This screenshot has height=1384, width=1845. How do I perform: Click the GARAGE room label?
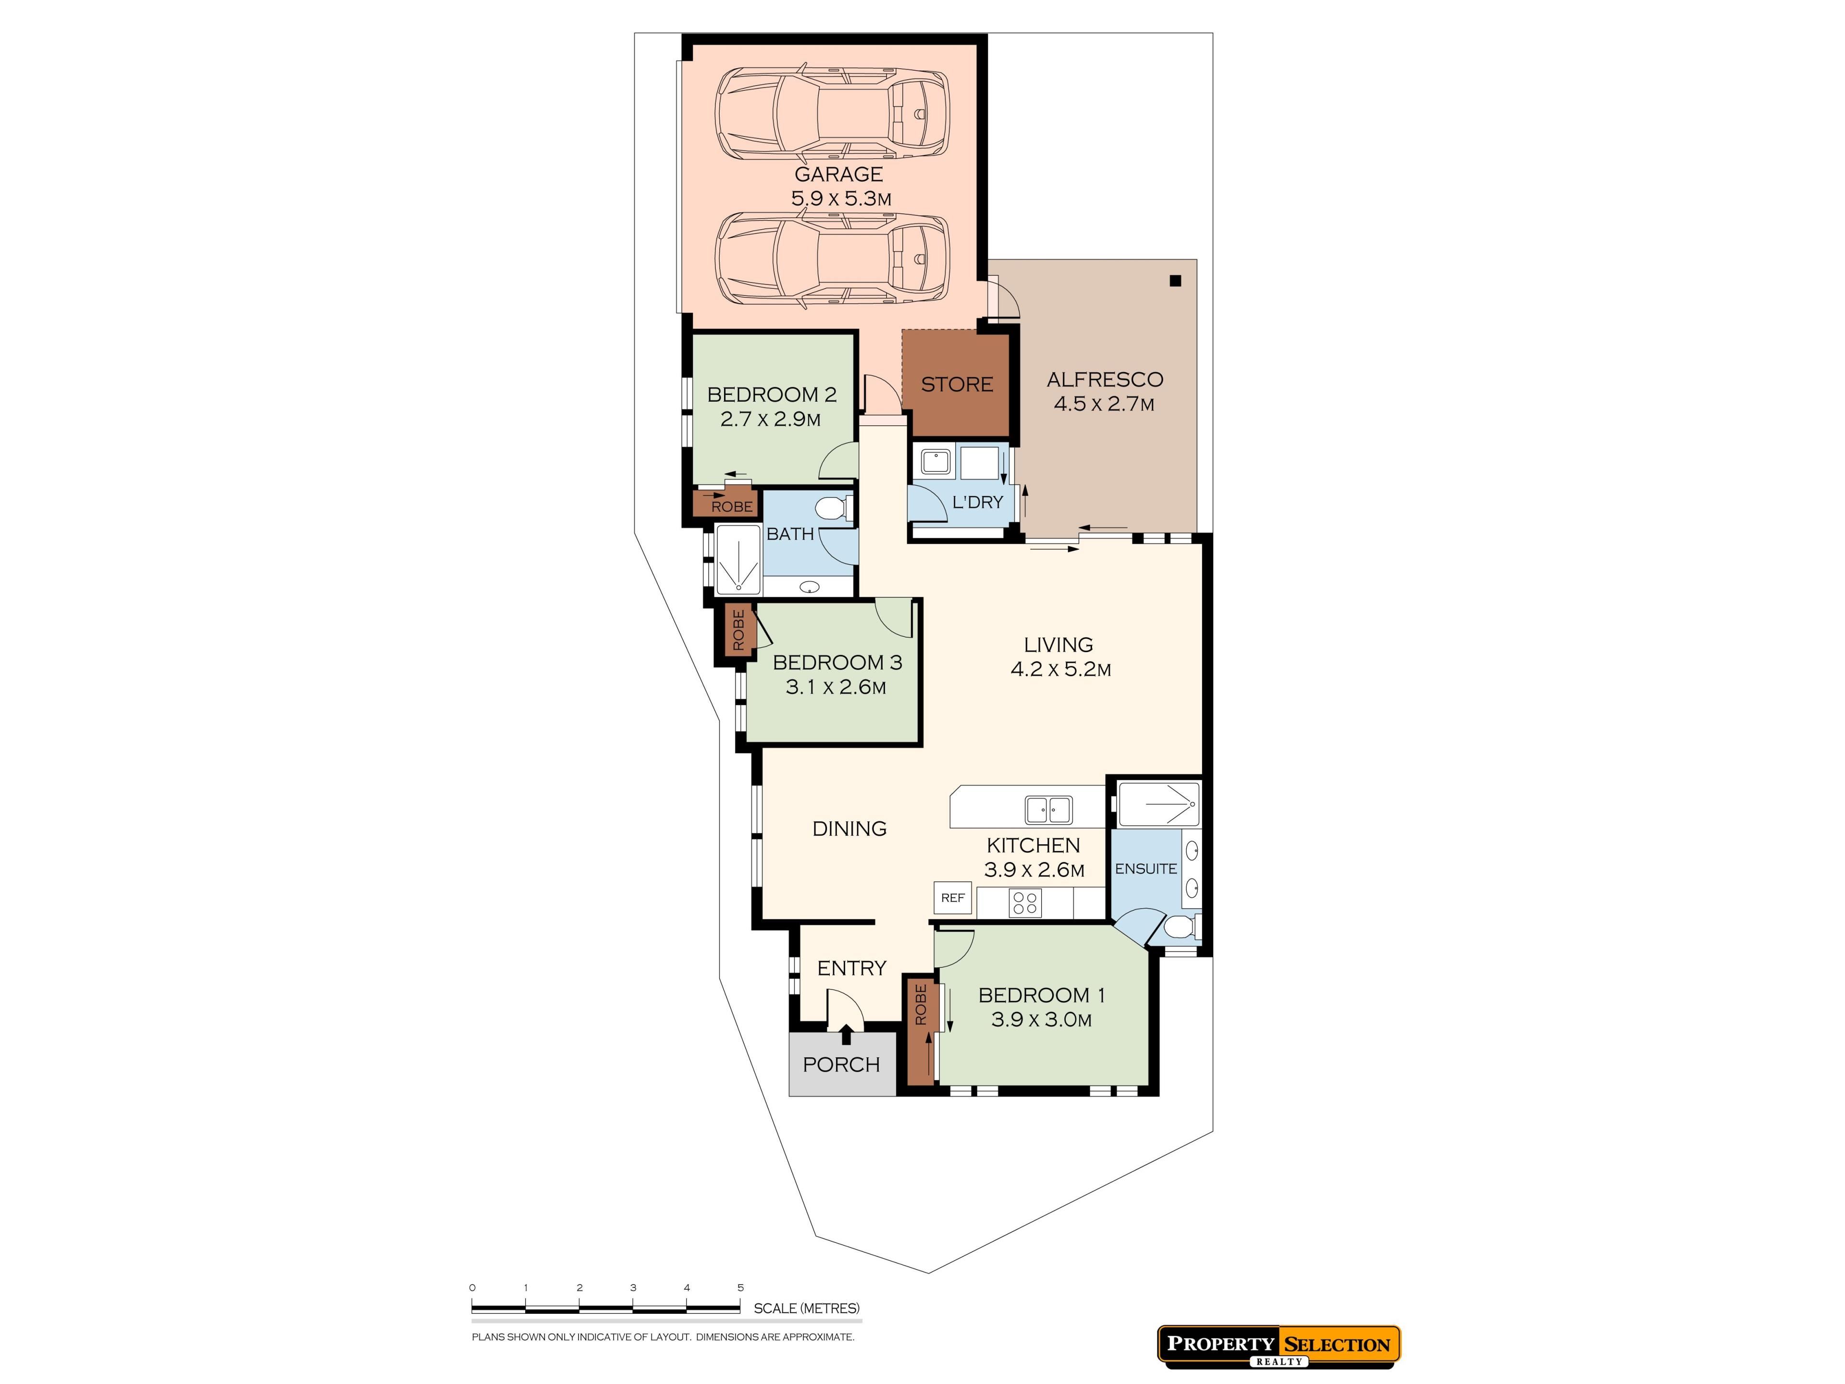point(838,174)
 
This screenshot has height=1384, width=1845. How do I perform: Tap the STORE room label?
point(957,384)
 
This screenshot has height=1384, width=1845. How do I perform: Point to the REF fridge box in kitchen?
point(952,898)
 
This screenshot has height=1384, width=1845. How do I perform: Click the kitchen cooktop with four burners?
point(1025,902)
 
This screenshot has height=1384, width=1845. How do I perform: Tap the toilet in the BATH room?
point(833,507)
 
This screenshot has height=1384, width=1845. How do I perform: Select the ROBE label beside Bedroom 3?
point(738,630)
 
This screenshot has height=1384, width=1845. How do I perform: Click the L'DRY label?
point(978,502)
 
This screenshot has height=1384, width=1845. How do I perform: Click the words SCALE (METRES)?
point(807,1308)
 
